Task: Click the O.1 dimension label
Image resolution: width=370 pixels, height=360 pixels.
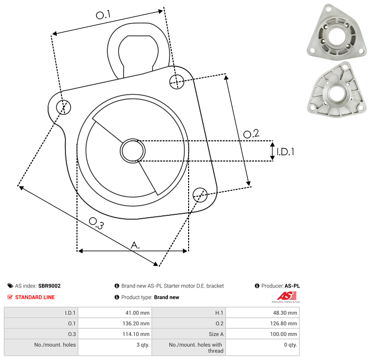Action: pyautogui.click(x=102, y=15)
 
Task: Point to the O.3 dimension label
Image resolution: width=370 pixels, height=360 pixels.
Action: pyautogui.click(x=96, y=223)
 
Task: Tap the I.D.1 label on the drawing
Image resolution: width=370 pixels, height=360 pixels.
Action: pyautogui.click(x=285, y=152)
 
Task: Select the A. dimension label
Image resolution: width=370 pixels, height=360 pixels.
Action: pyautogui.click(x=136, y=245)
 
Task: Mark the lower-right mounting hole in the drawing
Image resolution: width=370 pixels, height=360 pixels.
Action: pyautogui.click(x=200, y=194)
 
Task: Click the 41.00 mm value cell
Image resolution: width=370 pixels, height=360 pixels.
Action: pyautogui.click(x=138, y=313)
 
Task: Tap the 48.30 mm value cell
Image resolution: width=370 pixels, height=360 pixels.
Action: pyautogui.click(x=285, y=313)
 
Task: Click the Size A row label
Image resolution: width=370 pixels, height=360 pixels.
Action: pyautogui.click(x=216, y=334)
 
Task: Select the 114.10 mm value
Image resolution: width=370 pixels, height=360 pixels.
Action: pyautogui.click(x=137, y=334)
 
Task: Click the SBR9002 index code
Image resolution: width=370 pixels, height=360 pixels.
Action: pyautogui.click(x=49, y=286)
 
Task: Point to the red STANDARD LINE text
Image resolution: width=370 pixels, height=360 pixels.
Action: pyautogui.click(x=35, y=297)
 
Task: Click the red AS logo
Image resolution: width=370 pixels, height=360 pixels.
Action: pyautogui.click(x=285, y=296)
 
